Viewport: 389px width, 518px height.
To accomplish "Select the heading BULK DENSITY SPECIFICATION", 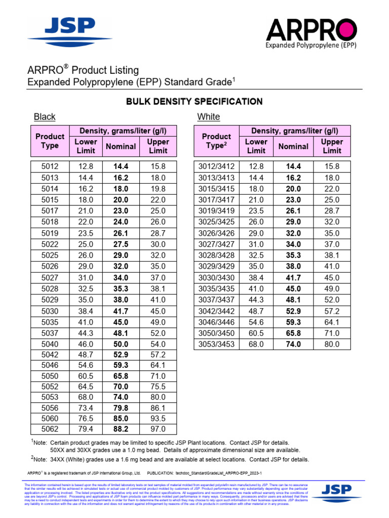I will tap(194, 102).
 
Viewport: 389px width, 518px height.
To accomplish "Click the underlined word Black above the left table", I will tap(45, 117).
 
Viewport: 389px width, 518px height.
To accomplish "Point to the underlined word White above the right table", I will tap(209, 117).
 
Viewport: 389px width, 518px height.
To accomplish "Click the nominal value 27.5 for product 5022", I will tap(121, 244).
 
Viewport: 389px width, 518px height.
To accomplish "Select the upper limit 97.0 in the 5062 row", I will tap(158, 429).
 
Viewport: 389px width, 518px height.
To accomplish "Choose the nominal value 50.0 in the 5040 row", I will tap(121, 344).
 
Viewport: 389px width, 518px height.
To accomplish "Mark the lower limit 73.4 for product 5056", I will tap(86, 407).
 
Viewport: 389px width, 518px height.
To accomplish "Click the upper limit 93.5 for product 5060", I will tap(158, 418).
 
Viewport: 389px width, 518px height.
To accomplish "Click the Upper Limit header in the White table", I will tap(332, 146).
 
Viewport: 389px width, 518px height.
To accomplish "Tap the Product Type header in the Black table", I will tap(50, 141).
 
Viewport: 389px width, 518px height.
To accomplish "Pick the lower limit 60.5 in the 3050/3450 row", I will tap(256, 333).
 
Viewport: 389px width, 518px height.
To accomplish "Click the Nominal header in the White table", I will tap(293, 146).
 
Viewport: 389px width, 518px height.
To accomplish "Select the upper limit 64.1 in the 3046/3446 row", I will tap(332, 322).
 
